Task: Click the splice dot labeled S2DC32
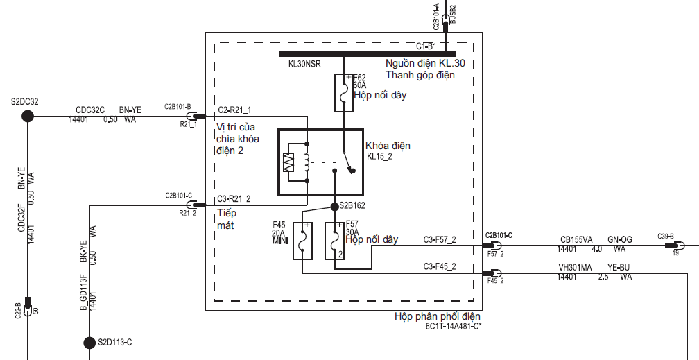pos(28,116)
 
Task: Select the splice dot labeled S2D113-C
pos(89,342)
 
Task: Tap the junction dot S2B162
pos(334,206)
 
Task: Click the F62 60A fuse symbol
pos(343,92)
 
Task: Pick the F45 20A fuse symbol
pos(303,240)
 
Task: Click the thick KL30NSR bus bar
pos(367,53)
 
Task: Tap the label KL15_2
pos(380,157)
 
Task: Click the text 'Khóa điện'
pos(388,146)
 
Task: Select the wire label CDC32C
pos(90,110)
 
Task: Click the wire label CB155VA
pos(576,240)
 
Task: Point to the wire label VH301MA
pos(576,267)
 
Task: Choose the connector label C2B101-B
pos(178,106)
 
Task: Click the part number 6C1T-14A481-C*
pos(454,326)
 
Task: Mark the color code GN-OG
pos(621,240)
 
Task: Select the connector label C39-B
pos(666,237)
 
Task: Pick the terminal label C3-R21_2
pos(234,199)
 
